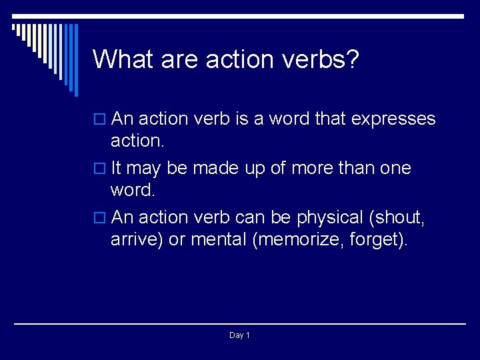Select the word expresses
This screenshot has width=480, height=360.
coord(393,119)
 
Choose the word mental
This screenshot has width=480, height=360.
coord(218,239)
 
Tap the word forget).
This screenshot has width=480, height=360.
coord(383,239)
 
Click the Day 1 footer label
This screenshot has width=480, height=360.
coord(239,335)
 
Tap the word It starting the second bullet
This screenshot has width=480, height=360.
coord(117,169)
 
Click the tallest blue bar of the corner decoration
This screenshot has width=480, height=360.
coord(75,60)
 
